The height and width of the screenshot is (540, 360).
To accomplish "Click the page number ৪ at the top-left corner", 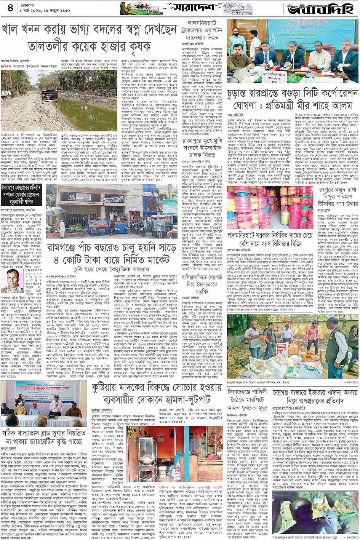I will [x=9, y=8].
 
